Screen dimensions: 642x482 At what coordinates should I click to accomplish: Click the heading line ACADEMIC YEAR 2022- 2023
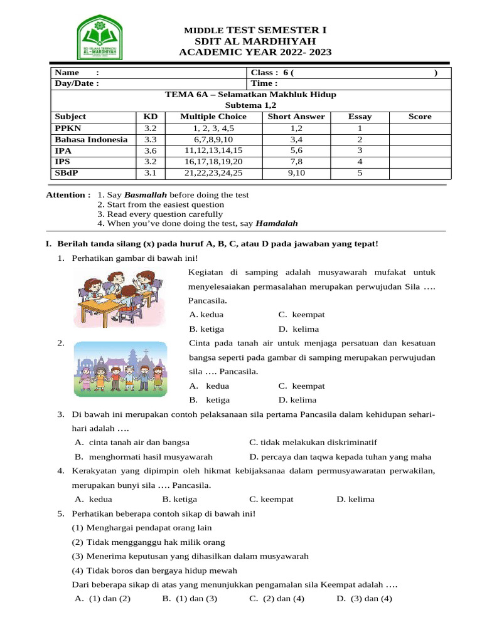[x=255, y=52]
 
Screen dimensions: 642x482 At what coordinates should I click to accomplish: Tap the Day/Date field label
[x=77, y=83]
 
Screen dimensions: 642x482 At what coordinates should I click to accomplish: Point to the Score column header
[x=420, y=117]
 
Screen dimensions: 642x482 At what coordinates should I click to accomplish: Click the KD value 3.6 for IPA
[x=151, y=151]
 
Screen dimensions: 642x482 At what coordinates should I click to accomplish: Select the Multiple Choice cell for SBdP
[x=213, y=174]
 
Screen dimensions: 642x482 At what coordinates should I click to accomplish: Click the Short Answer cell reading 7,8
[x=296, y=162]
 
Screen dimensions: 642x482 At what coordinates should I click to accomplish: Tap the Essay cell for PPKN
[x=360, y=128]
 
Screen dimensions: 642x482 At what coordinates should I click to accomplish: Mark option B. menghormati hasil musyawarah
[x=144, y=457]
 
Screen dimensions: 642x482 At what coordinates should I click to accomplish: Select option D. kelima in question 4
[x=355, y=500]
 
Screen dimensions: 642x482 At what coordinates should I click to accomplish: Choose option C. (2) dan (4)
[x=277, y=599]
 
